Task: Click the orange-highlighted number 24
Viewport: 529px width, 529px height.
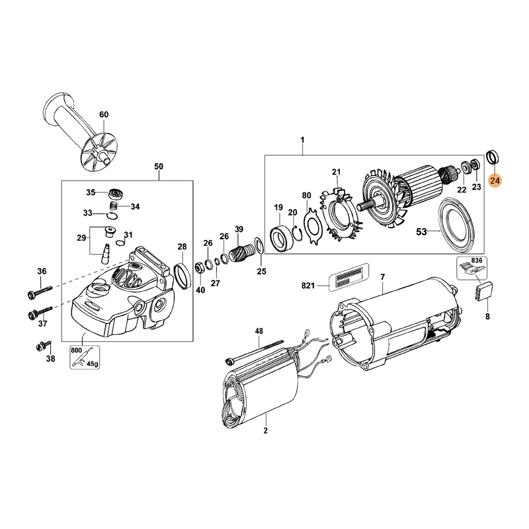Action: click(495, 181)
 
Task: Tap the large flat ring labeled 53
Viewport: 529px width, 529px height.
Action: click(456, 225)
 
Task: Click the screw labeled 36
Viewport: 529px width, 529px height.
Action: click(40, 292)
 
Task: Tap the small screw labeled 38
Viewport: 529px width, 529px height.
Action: click(43, 345)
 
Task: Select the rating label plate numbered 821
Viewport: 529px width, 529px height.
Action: click(348, 276)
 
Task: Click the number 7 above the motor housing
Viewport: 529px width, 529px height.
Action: click(382, 277)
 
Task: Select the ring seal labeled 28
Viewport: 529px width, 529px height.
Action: click(183, 276)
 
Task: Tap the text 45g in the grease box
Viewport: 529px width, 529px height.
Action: click(93, 364)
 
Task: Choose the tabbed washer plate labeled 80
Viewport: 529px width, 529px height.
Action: click(313, 227)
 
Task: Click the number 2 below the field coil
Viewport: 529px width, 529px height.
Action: click(266, 431)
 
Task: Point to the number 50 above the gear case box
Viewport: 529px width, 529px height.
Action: click(159, 167)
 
